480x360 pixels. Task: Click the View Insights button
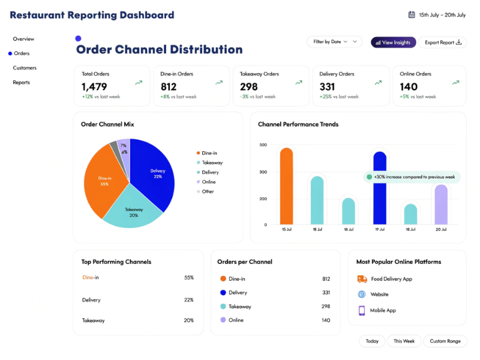point(393,43)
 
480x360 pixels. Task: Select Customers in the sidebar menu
point(25,68)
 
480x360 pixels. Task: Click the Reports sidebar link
point(22,82)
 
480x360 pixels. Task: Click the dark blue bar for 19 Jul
point(379,189)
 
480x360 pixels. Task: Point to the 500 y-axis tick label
point(263,145)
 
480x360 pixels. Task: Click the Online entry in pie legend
point(209,182)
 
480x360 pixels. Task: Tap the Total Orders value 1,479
point(94,87)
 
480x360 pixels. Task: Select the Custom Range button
point(445,341)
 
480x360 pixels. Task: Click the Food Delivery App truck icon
point(362,279)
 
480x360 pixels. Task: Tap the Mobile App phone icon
point(362,310)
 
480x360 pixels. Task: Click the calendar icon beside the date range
point(412,15)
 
